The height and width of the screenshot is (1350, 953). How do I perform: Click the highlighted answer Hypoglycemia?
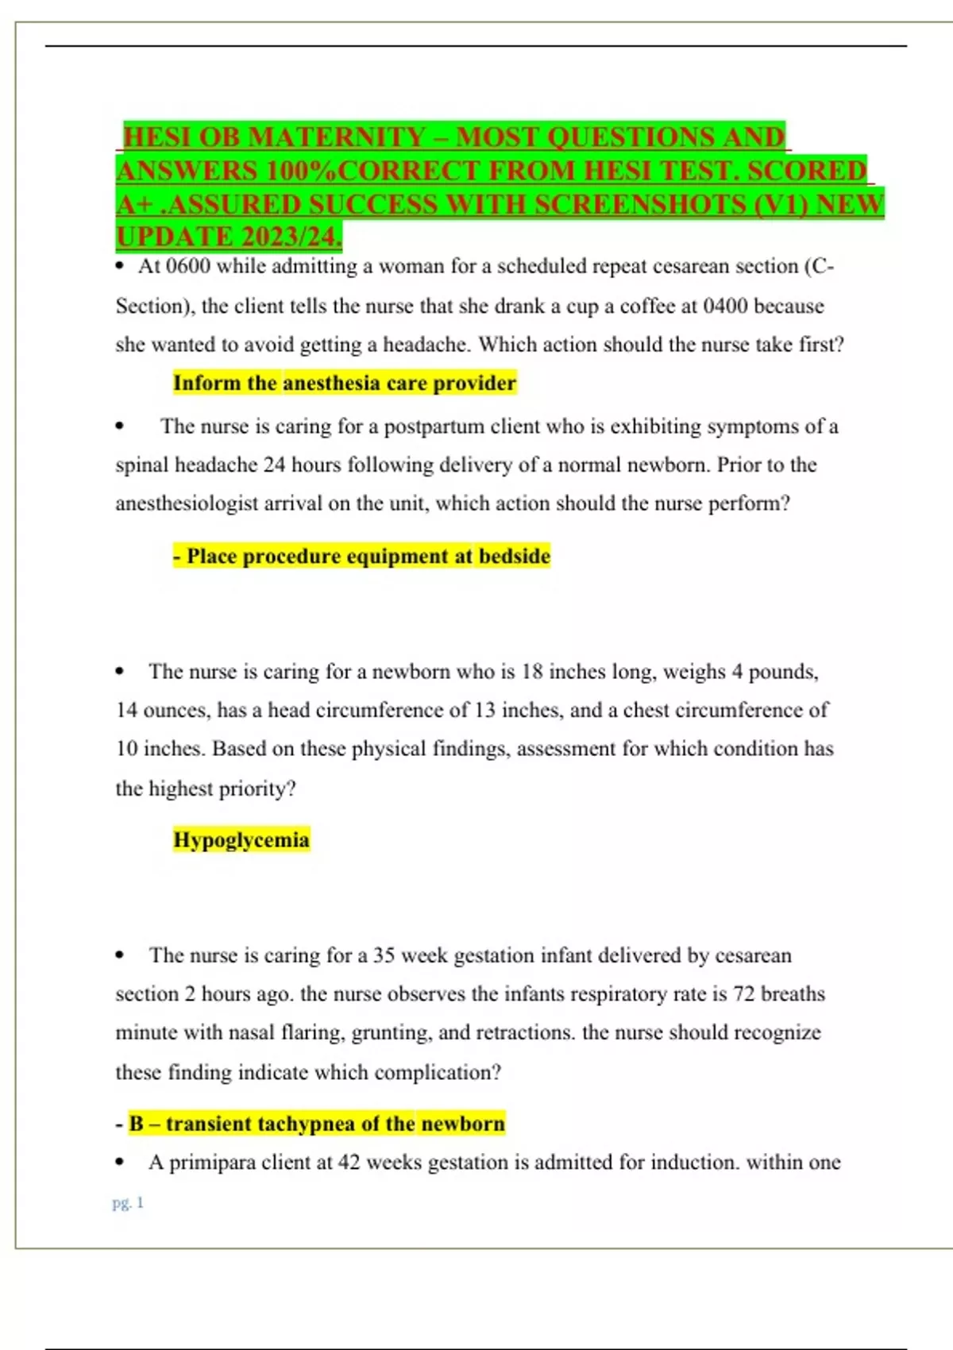pyautogui.click(x=241, y=839)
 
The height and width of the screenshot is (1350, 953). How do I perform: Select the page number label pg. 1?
pyautogui.click(x=128, y=1202)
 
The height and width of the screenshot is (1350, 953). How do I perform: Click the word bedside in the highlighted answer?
pyautogui.click(x=514, y=556)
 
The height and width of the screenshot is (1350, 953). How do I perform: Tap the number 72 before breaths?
pyautogui.click(x=743, y=994)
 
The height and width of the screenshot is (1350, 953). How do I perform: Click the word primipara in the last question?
pyautogui.click(x=212, y=1163)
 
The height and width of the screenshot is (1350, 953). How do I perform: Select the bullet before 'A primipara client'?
pyautogui.click(x=120, y=1163)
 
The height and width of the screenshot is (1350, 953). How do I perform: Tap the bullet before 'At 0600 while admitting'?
pyautogui.click(x=120, y=266)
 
